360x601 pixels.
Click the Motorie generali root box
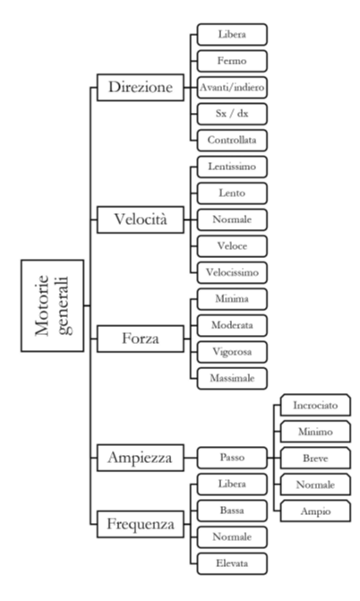click(52, 305)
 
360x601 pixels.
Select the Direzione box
click(141, 88)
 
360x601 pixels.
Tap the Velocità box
click(141, 219)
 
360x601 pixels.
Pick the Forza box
click(141, 339)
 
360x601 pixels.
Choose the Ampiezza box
click(141, 458)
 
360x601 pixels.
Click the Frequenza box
click(141, 524)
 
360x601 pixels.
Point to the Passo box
click(232, 458)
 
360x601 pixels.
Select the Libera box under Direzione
click(232, 35)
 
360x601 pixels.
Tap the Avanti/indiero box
click(232, 88)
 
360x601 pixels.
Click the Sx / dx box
click(232, 114)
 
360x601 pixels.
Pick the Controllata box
click(232, 141)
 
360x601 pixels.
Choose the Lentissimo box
click(232, 167)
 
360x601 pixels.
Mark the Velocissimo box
click(232, 272)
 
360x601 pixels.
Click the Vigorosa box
click(232, 352)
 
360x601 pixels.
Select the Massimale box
click(232, 378)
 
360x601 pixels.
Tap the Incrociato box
click(315, 405)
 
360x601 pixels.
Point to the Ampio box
click(315, 511)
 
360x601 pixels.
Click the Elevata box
click(232, 563)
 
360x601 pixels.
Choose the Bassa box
click(232, 511)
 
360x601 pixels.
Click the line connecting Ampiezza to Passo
click(191, 458)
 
